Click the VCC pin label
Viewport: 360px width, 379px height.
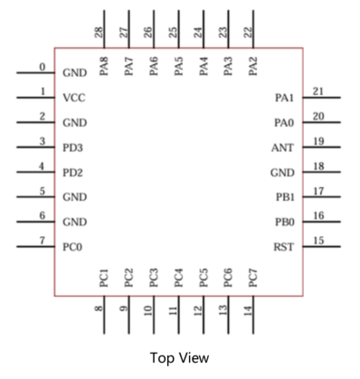73,97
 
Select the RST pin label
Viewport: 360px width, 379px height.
282,246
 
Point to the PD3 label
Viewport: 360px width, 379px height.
73,147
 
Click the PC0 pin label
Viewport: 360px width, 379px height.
73,246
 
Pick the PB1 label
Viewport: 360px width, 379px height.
283,196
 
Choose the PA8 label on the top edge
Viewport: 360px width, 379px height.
104,66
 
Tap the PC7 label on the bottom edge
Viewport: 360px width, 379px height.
253,276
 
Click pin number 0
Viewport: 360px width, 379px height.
42,66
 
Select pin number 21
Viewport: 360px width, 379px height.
317,90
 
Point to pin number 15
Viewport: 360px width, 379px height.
317,240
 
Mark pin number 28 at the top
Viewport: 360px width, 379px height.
98,33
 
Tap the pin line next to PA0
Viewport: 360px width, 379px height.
321,122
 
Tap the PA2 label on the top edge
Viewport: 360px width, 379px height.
253,66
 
